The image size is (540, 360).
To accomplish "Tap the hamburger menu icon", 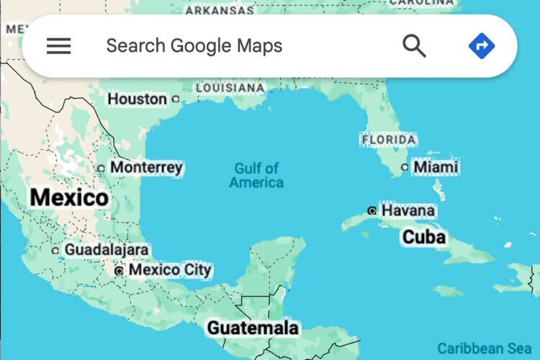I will pos(59,46).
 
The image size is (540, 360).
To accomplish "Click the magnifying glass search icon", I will pos(414,46).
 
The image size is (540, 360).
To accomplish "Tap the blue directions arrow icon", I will pos(482,46).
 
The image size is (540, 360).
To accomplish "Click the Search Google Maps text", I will pos(194,46).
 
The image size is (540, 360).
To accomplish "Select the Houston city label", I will pos(137,99).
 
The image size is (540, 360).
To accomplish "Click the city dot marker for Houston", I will pos(175,99).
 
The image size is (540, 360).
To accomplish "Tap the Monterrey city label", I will pos(146,168).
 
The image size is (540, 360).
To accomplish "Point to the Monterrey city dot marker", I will pos(101,168).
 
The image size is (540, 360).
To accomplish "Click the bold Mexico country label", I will pos(69,197).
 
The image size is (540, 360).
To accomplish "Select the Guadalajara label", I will pos(107,250).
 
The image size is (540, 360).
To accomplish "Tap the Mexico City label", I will pos(170,270).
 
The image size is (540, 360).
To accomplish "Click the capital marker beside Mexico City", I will pos(120,271).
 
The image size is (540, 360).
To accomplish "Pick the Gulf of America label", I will pos(256,176).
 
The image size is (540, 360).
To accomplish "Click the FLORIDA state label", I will pos(389,139).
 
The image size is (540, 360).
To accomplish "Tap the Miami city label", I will pos(436,167).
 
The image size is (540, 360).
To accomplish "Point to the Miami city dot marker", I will pos(405,167).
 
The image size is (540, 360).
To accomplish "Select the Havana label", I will pos(408,210).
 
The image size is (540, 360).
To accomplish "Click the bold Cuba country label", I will pos(424,237).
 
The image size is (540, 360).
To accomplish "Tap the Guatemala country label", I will pos(253,328).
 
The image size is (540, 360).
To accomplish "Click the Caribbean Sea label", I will pos(480,348).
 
